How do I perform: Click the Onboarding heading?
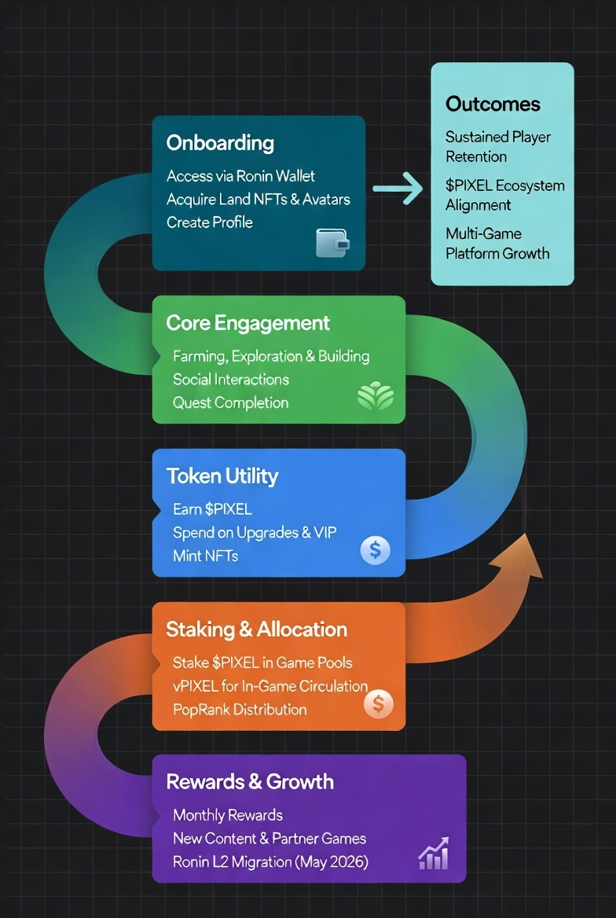[219, 143]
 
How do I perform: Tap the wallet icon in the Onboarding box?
[332, 243]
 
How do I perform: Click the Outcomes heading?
[493, 104]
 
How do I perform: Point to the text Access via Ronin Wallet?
[240, 175]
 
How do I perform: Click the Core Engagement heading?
[247, 322]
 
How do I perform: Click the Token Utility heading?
[222, 476]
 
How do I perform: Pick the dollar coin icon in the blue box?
[376, 550]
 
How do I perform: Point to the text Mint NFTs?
[206, 556]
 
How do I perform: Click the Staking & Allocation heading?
[256, 630]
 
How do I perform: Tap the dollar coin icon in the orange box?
[378, 703]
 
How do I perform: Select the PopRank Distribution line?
[240, 710]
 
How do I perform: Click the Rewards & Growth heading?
[250, 781]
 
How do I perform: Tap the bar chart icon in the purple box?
[434, 854]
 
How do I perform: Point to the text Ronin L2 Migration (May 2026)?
[270, 862]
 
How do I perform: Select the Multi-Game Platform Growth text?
[497, 244]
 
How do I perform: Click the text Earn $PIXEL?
[213, 509]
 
